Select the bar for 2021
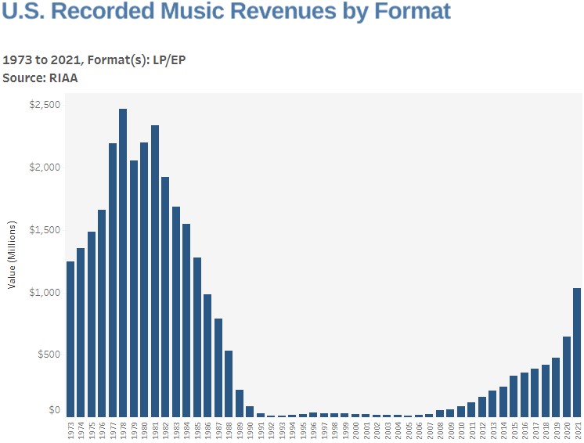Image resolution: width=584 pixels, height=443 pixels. click(x=577, y=352)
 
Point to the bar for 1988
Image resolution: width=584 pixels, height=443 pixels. click(x=229, y=384)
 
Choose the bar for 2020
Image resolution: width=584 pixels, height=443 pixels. click(x=567, y=376)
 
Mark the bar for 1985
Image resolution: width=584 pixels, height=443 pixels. click(x=197, y=337)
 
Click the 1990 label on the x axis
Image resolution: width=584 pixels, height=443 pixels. click(x=250, y=430)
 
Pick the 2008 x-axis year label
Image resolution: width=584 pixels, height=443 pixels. click(x=440, y=430)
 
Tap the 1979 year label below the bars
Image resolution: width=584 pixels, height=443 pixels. click(x=134, y=430)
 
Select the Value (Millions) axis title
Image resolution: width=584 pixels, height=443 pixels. click(x=13, y=259)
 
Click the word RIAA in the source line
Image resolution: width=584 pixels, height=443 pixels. click(x=63, y=78)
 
